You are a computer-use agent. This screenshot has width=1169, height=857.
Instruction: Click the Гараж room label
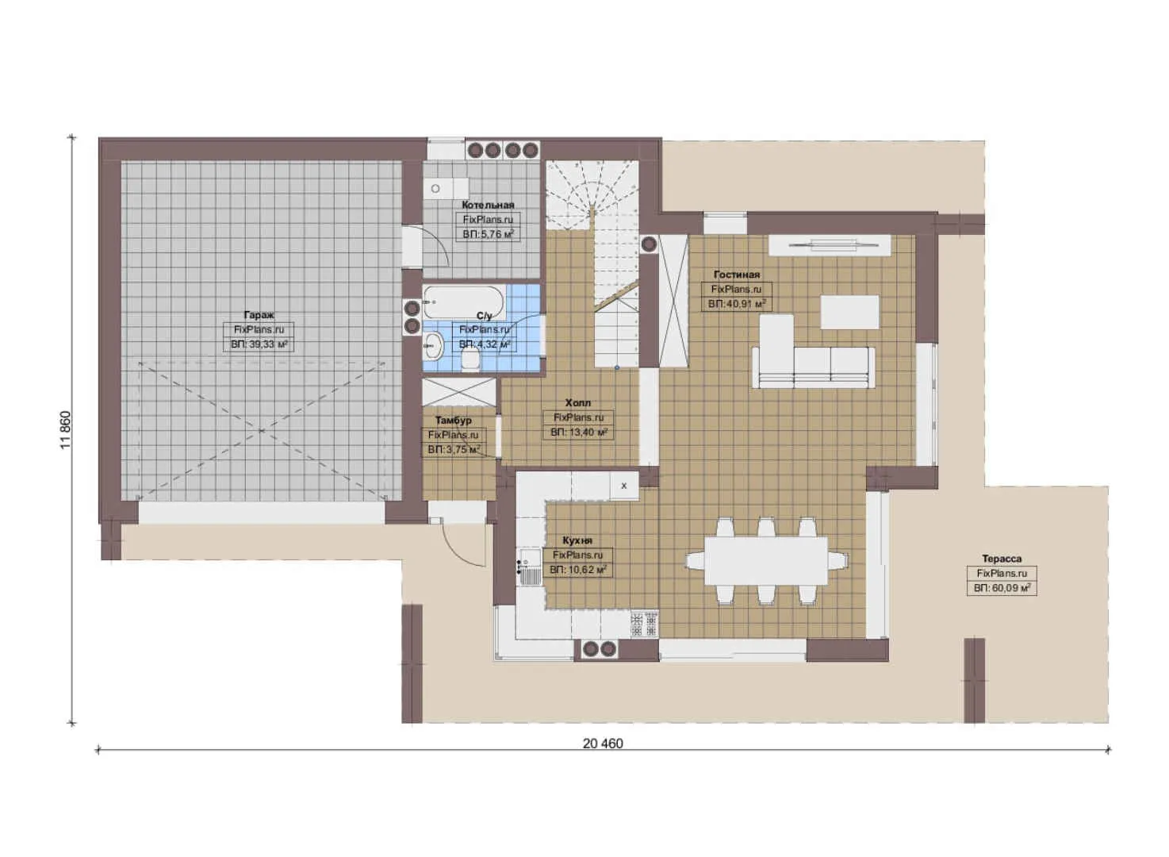pos(259,315)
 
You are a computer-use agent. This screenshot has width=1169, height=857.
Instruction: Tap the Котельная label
pos(488,205)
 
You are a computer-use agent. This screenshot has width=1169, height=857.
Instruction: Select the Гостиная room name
pos(736,275)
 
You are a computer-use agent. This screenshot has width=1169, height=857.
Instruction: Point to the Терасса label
pos(1002,559)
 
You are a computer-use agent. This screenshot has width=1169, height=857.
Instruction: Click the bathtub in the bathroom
pos(463,302)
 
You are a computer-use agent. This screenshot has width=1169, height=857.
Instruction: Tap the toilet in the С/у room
pos(471,360)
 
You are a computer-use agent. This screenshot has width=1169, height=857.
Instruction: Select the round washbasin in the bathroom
pos(433,345)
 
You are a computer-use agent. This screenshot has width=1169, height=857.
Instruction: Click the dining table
pos(766,561)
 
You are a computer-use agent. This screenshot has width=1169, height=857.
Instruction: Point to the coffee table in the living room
pos(849,312)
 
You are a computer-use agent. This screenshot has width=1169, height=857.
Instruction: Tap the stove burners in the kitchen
pos(644,624)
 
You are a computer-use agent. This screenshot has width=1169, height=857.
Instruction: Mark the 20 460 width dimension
pos(603,744)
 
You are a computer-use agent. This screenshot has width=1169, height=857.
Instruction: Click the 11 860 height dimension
pos(65,430)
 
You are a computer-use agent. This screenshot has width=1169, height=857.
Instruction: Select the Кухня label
pos(577,540)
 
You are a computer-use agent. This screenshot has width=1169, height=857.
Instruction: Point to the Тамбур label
pos(454,421)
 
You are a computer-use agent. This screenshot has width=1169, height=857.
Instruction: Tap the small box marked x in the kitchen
pos(623,486)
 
